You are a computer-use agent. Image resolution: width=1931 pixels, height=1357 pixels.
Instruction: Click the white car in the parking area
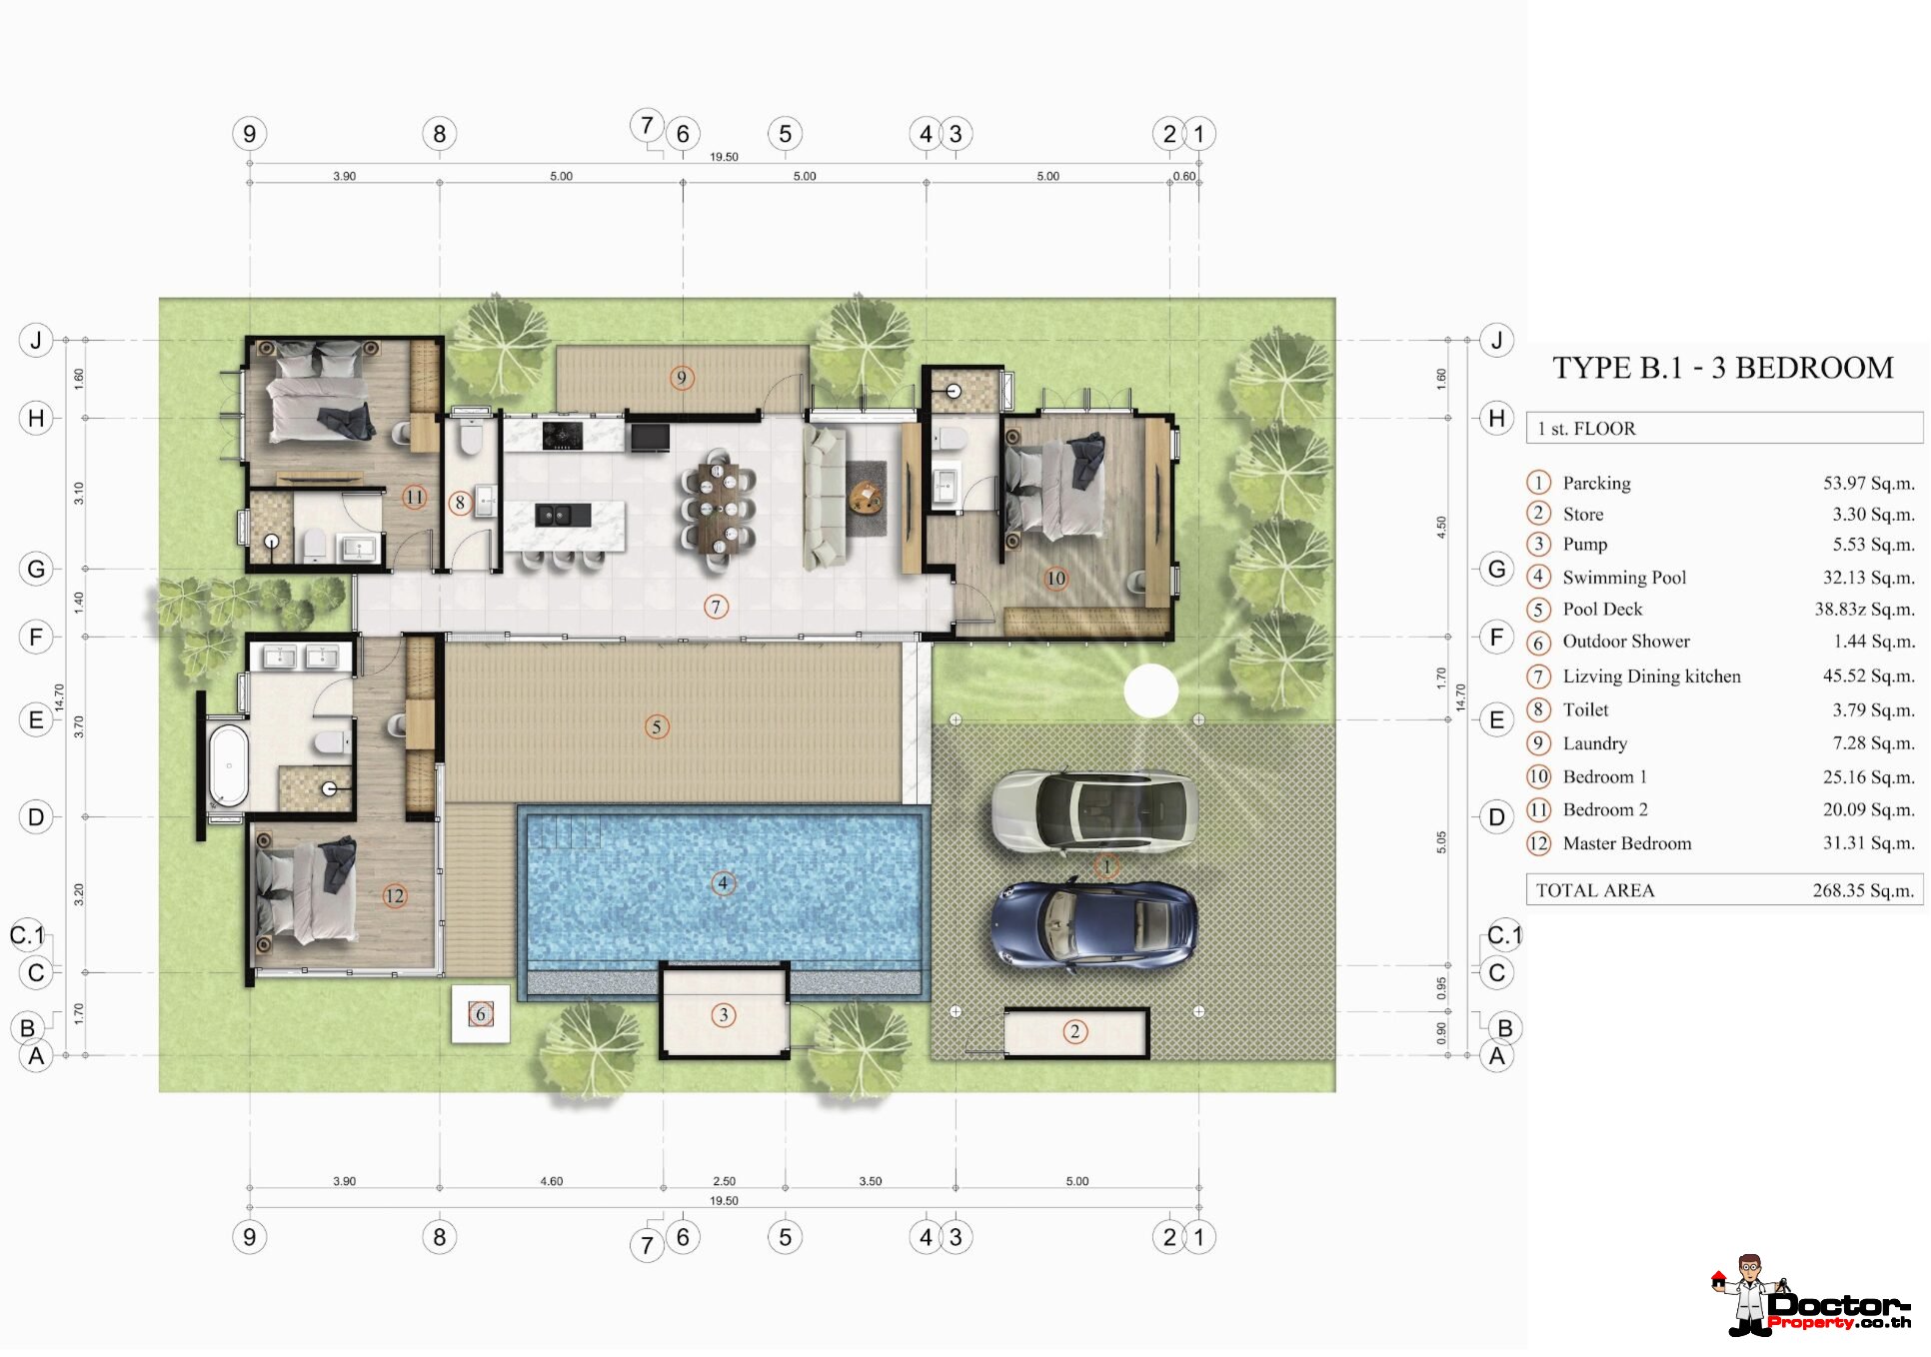(1094, 810)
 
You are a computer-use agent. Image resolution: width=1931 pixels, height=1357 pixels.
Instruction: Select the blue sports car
(1094, 926)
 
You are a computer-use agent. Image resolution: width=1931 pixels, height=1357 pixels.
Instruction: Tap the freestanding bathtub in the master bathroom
(228, 764)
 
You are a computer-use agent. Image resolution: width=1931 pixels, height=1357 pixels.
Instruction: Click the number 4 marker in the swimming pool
(723, 883)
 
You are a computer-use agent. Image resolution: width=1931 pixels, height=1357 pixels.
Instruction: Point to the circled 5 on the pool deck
(656, 726)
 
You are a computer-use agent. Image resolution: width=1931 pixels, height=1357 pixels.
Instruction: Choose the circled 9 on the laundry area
(681, 378)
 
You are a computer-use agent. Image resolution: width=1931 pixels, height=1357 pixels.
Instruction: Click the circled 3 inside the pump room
(724, 1015)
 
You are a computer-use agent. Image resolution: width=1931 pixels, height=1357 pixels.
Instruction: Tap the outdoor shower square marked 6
(481, 1014)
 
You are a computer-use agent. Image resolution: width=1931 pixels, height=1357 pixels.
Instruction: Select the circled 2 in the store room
(1074, 1031)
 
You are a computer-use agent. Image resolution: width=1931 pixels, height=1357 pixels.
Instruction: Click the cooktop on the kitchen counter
(563, 435)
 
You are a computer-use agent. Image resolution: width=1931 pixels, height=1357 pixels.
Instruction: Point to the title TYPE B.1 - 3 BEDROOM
(1722, 368)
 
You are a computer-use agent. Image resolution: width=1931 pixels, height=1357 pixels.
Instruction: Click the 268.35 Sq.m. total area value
(1863, 890)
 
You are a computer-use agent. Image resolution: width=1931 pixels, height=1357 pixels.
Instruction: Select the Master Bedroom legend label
(1627, 843)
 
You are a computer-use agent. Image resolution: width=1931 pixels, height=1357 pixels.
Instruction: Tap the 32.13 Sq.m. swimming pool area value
(1868, 578)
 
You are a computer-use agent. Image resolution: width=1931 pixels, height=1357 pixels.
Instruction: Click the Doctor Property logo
(1810, 1296)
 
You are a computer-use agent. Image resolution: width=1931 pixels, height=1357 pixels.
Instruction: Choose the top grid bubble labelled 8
(440, 134)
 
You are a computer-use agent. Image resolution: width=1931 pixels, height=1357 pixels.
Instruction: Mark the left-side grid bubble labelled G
(36, 570)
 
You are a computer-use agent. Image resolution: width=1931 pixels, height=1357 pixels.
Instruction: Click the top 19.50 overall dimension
(724, 157)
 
